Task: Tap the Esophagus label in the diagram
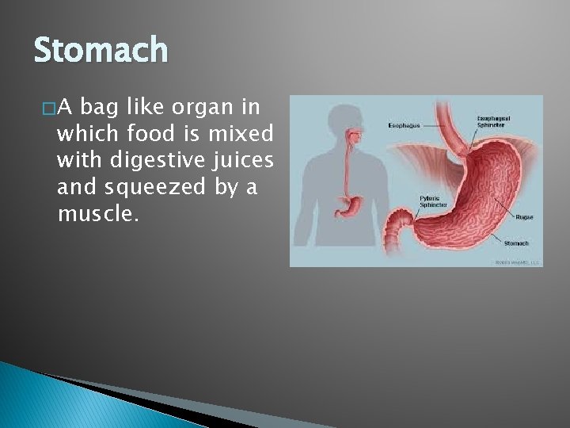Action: [x=404, y=124]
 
